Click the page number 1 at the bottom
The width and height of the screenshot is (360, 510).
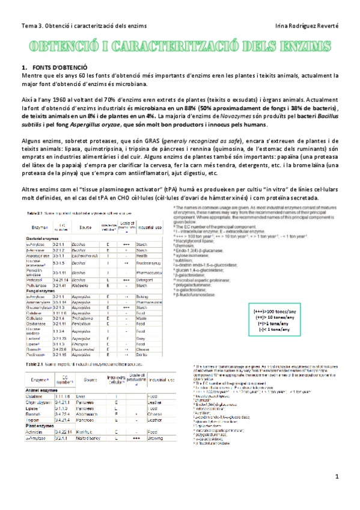click(x=338, y=493)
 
